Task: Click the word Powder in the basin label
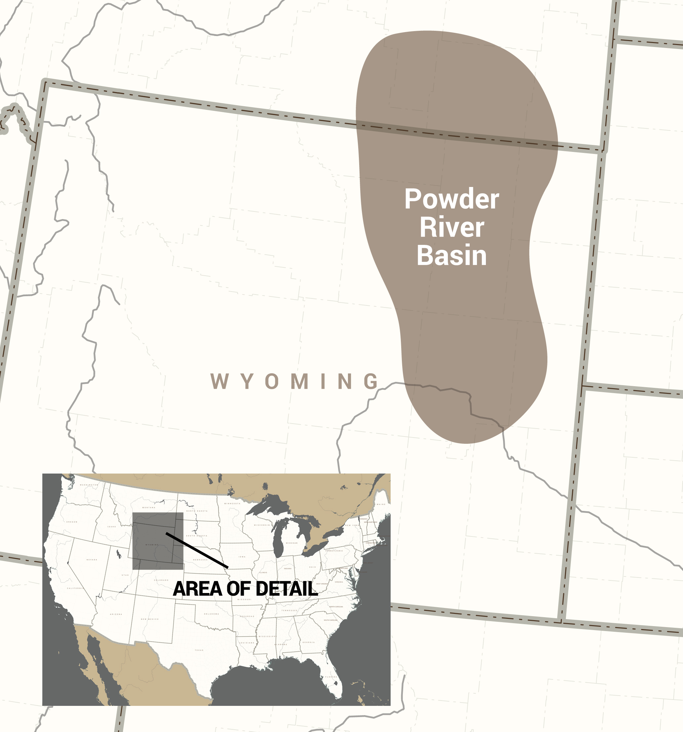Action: [451, 199]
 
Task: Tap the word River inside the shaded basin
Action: [451, 227]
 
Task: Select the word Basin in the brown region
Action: [451, 255]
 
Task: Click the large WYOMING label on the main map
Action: [294, 382]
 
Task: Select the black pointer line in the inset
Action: [197, 550]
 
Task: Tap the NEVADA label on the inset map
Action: [92, 560]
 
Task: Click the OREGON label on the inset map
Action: [72, 522]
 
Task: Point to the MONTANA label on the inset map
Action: [149, 507]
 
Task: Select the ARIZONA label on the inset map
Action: [116, 614]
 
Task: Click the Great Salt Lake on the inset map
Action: [118, 553]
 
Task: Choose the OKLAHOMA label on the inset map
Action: [212, 614]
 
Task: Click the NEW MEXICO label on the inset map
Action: [150, 619]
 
